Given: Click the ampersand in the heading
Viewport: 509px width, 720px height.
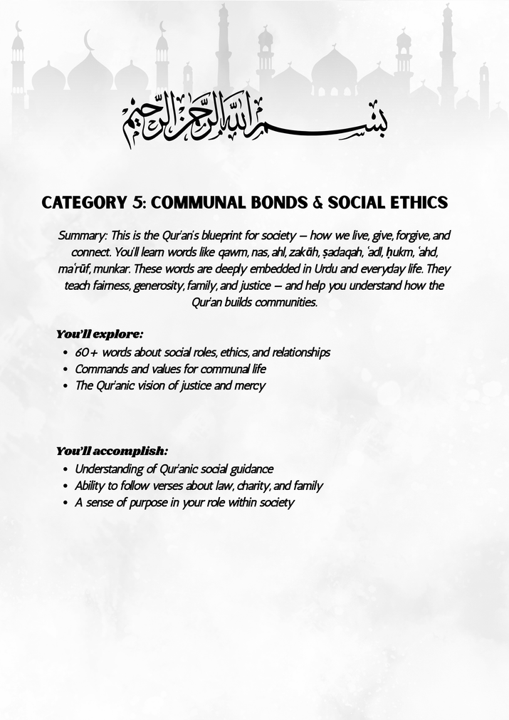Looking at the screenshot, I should (x=318, y=202).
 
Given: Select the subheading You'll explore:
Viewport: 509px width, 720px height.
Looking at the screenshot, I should (x=99, y=333).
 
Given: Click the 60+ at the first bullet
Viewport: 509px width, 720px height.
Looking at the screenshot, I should (x=88, y=353).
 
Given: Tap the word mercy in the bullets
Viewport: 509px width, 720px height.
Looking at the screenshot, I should (x=250, y=386).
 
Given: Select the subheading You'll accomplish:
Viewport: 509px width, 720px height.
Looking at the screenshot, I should (x=112, y=451).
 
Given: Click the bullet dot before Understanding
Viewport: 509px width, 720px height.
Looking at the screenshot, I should (x=65, y=470).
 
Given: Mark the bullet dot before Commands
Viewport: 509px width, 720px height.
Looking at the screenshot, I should (x=65, y=370).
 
